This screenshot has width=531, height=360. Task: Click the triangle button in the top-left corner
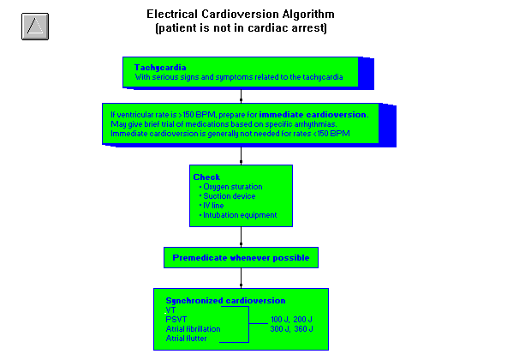[34, 26]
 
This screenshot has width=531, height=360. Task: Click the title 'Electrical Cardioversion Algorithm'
[241, 15]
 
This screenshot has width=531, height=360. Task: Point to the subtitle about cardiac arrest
[241, 28]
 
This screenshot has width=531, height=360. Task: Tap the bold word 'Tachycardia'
[160, 67]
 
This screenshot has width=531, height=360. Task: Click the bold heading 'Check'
[206, 177]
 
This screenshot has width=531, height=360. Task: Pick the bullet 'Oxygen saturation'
[231, 187]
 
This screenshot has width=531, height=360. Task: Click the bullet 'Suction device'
[228, 196]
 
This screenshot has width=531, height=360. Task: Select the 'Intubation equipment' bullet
[239, 215]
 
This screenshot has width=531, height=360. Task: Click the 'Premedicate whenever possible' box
[241, 257]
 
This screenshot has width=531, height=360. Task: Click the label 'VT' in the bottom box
[171, 309]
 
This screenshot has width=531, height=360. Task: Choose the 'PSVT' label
[176, 319]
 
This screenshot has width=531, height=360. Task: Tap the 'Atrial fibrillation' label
[193, 328]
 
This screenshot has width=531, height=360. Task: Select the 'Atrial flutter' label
[186, 339]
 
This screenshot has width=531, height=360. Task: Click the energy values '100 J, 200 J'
[292, 319]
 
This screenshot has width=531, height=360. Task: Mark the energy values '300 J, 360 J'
[292, 328]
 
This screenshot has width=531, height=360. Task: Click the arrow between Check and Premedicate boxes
[241, 237]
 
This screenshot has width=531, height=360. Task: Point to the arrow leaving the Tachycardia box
[241, 95]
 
